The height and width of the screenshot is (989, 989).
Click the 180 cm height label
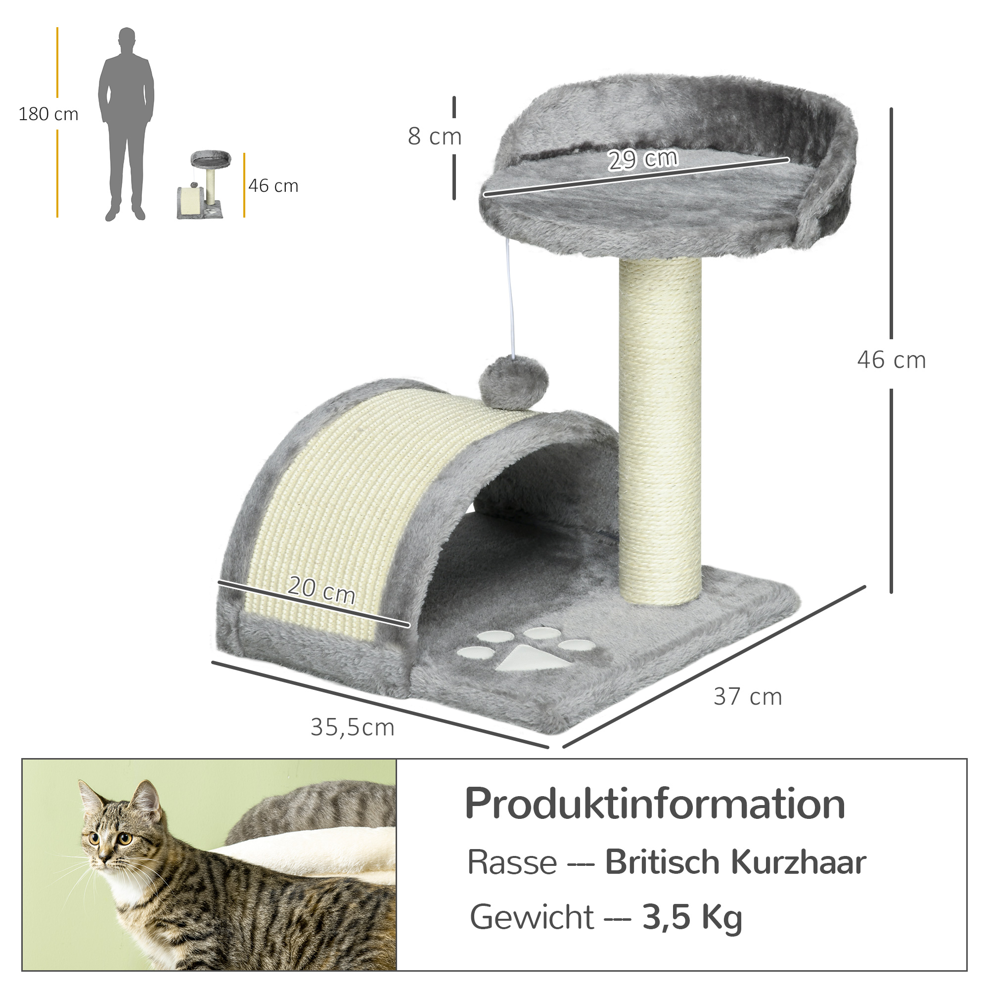(48, 114)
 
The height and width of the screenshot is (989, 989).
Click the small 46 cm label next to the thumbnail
(273, 186)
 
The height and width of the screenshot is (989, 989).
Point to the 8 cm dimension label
(435, 136)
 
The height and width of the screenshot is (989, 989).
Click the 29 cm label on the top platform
(643, 159)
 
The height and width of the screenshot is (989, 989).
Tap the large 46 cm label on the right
(891, 360)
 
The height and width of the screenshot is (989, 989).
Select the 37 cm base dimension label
(748, 697)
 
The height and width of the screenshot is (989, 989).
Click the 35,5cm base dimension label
(352, 727)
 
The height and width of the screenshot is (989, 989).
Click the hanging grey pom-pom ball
(513, 383)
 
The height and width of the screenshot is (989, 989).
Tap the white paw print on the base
(533, 651)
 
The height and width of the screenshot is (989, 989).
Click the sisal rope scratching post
(660, 430)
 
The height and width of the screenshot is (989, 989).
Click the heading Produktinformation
(655, 804)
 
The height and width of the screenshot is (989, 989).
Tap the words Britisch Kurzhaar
(735, 862)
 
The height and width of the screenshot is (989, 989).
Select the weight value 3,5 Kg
(692, 916)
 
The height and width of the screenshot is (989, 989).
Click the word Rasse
(512, 862)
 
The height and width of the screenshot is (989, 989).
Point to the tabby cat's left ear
(145, 799)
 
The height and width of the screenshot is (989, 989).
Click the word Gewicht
(532, 917)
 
